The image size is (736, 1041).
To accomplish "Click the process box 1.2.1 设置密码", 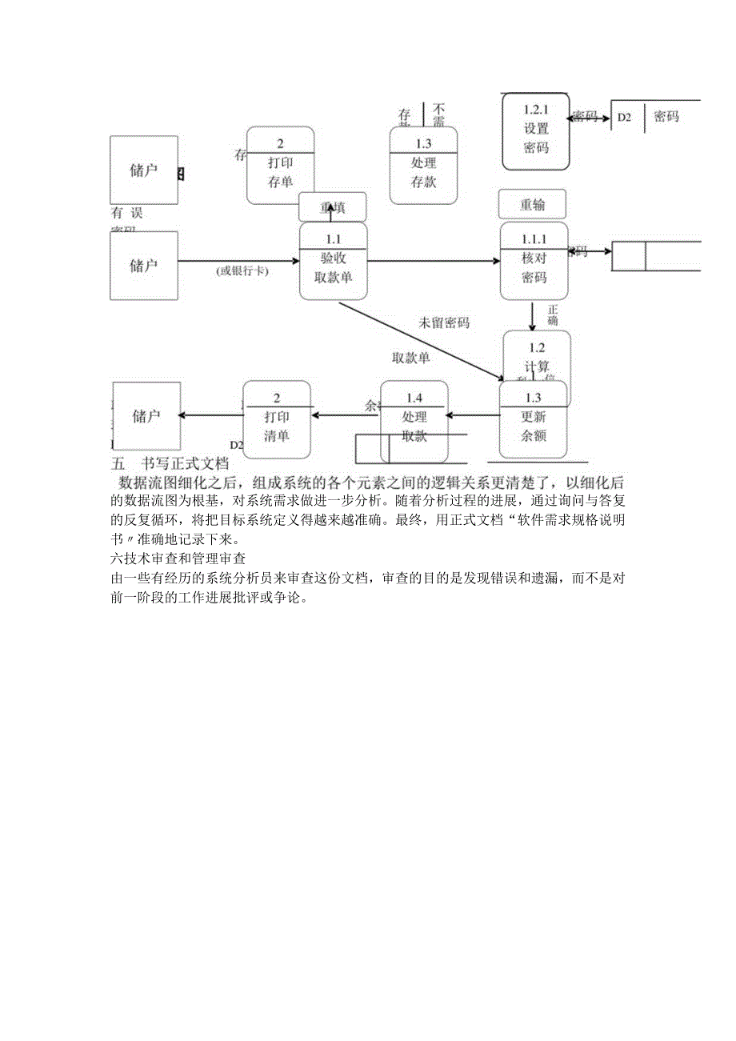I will point(536,132).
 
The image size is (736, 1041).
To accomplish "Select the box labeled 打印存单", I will point(280,166).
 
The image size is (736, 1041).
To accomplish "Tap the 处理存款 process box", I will point(423,166).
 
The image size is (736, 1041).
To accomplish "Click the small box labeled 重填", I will point(333,207).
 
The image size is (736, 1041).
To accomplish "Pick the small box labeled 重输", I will point(532,204).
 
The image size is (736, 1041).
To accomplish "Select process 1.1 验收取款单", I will point(334,262).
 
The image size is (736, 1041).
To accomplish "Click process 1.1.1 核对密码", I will point(534,262).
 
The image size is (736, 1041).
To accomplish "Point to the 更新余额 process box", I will point(533,420).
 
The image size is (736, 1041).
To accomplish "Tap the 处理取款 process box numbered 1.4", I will point(414,420).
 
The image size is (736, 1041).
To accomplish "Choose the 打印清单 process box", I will point(277,420).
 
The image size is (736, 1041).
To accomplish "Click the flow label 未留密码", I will point(444,323).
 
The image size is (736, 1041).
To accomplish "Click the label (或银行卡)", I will point(242,271).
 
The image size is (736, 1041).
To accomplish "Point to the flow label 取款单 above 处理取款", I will point(410,358).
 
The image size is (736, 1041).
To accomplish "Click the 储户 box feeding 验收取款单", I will point(144,266).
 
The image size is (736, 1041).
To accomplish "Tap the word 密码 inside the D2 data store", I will point(666,117).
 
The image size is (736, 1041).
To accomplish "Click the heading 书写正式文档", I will point(185,463).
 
